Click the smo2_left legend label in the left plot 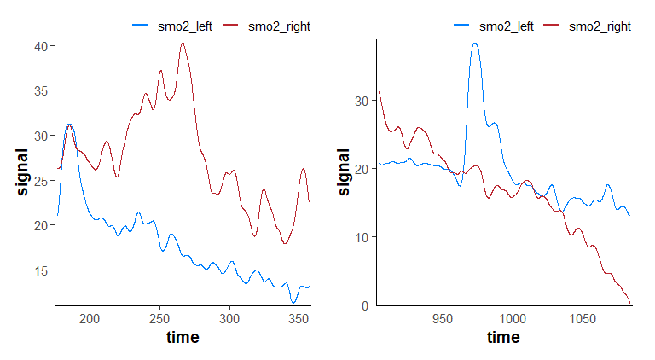click(184, 26)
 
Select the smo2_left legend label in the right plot click(506, 26)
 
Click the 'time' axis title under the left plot click(183, 338)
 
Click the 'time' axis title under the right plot click(503, 338)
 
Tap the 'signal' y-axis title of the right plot click(344, 172)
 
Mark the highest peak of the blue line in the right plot click(475, 43)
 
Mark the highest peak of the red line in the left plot click(183, 43)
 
